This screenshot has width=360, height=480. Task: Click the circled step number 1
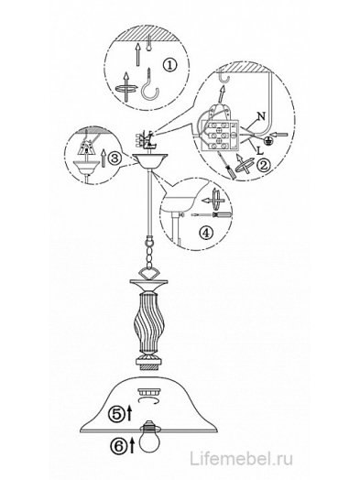tap(169, 65)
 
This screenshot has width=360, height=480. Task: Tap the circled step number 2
tap(264, 165)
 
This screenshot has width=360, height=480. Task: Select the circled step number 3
tap(115, 158)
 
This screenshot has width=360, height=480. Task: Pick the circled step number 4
tap(206, 234)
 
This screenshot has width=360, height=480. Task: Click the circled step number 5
tap(116, 414)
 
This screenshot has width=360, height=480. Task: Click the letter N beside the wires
tap(261, 115)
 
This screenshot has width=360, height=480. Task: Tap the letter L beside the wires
tap(260, 150)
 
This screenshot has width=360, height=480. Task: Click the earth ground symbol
tap(269, 139)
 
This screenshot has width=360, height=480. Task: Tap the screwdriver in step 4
tap(212, 215)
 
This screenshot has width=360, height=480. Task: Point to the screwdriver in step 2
tap(228, 167)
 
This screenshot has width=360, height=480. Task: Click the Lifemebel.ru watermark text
tap(241, 459)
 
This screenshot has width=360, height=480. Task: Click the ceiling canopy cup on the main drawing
tap(150, 161)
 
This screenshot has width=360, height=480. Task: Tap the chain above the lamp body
tap(149, 253)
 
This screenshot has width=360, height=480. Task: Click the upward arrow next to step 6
tap(132, 445)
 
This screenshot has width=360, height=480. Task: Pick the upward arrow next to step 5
tap(129, 412)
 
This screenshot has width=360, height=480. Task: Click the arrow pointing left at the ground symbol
tap(280, 134)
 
